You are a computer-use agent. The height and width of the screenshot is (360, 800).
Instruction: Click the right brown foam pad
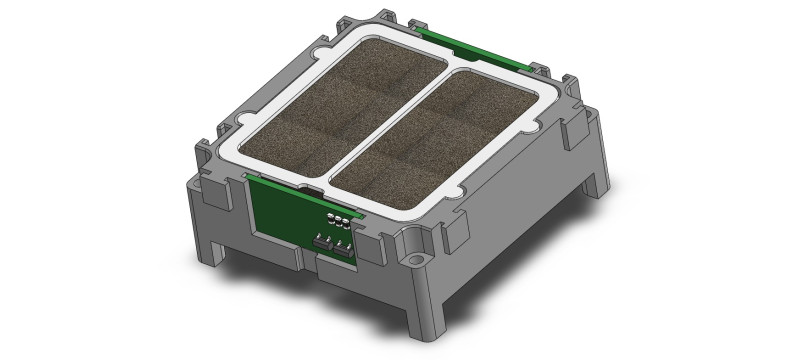click(x=445, y=140)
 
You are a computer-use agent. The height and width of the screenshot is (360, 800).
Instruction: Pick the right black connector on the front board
click(x=344, y=246)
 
